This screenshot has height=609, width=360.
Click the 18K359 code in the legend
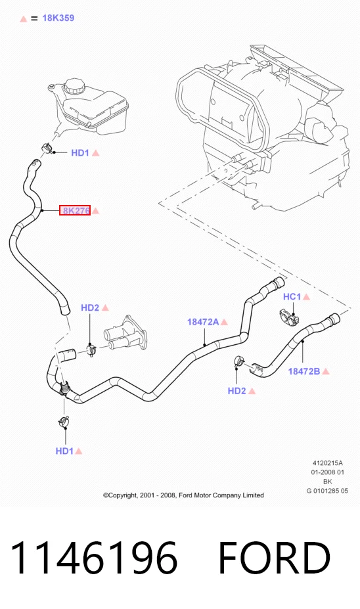(x=58, y=18)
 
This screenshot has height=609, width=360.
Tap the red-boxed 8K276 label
(x=75, y=210)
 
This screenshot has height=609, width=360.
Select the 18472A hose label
(x=203, y=322)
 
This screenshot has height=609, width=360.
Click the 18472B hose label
(x=304, y=371)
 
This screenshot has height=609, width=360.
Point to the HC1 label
(x=292, y=297)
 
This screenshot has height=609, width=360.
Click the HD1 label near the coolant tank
(x=80, y=152)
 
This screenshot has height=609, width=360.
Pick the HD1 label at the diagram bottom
(x=64, y=451)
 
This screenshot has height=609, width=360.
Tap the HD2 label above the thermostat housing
(x=90, y=307)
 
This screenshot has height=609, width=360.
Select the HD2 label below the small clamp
(x=237, y=391)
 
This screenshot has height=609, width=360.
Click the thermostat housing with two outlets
(x=125, y=334)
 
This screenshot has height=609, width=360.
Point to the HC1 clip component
(x=289, y=317)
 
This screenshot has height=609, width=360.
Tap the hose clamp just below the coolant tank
(x=47, y=148)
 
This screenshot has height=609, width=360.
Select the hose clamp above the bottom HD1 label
(x=64, y=420)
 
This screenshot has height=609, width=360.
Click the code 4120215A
(x=328, y=463)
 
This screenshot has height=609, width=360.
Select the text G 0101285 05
(x=327, y=491)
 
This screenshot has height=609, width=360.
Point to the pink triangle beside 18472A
(x=224, y=322)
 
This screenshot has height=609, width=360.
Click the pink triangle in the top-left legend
(x=23, y=18)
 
